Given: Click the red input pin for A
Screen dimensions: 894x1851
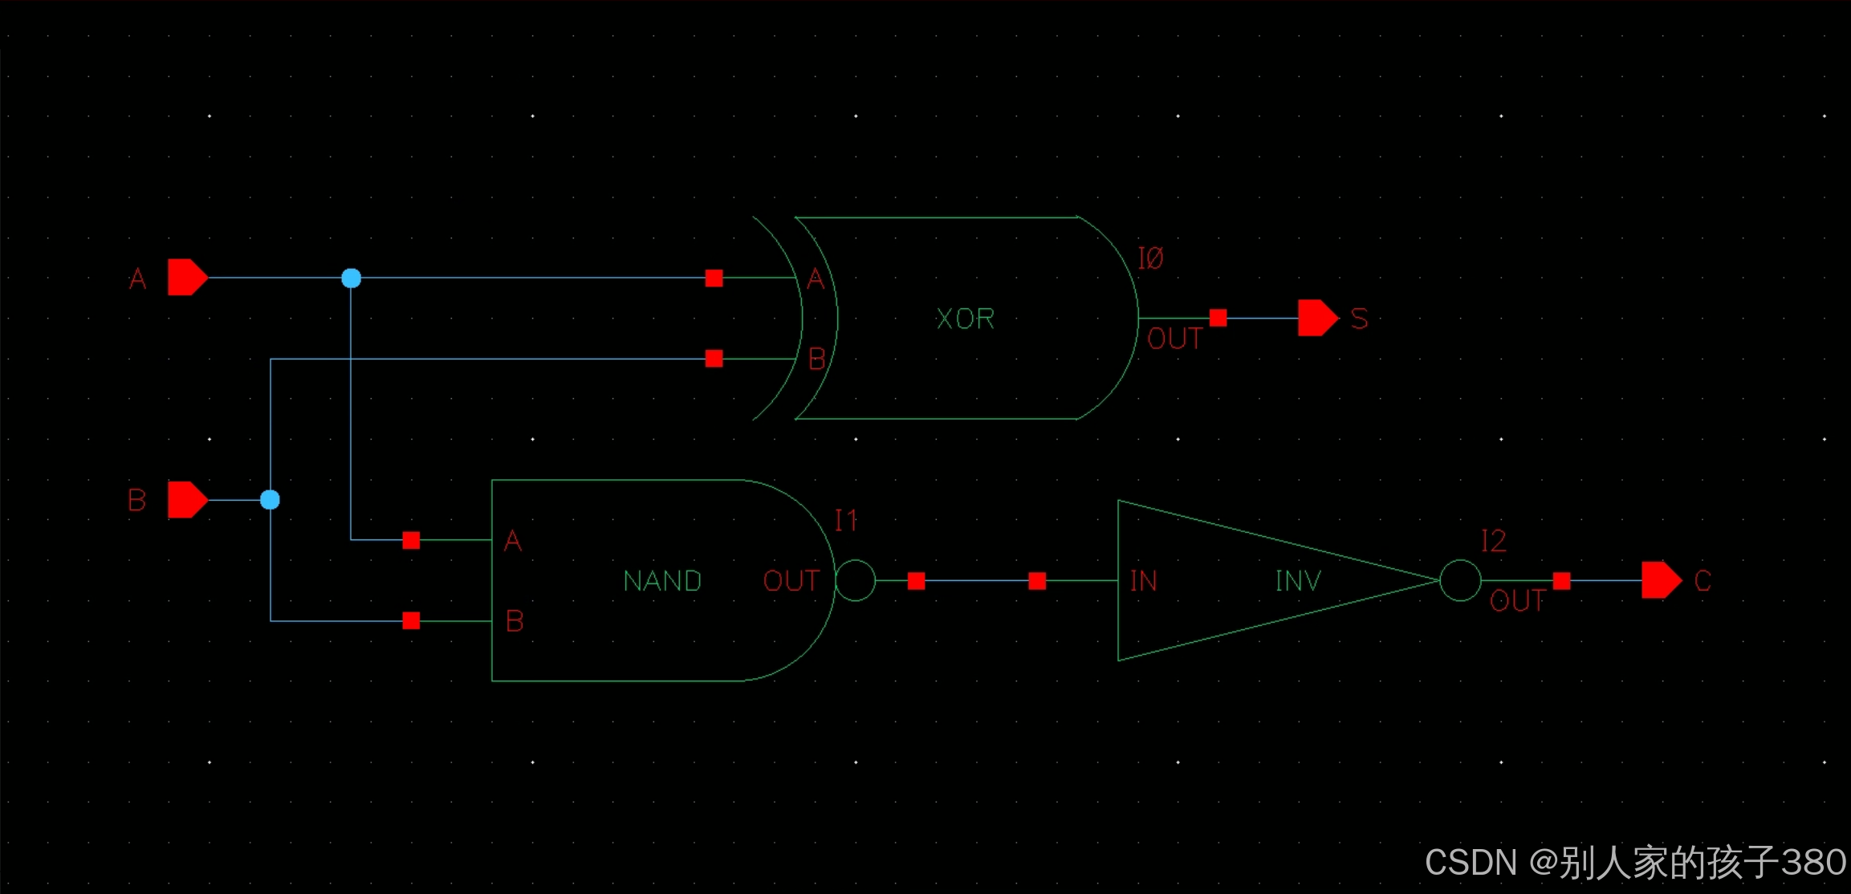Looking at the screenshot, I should (187, 278).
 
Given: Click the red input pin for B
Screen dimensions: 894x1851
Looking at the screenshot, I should (187, 500).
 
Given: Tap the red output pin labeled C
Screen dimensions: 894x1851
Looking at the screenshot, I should (1660, 580).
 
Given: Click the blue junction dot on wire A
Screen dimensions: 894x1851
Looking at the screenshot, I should (351, 278).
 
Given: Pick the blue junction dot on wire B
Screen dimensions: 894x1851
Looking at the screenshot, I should (271, 500).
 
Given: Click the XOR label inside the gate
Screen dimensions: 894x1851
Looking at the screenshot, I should (965, 319).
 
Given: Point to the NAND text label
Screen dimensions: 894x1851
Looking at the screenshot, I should (662, 581).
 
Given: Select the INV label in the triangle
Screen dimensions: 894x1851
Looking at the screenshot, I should (1298, 581).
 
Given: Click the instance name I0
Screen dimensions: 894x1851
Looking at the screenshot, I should (1150, 258).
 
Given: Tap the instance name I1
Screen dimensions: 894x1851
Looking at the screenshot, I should (846, 521).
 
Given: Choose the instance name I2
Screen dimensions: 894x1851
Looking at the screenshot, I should (1493, 541).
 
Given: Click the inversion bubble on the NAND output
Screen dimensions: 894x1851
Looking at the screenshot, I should (856, 580).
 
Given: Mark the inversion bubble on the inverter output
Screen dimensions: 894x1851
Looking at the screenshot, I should (1460, 580).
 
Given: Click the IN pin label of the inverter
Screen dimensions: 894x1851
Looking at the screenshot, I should (1144, 581).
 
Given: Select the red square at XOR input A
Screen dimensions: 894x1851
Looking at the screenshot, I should (714, 278).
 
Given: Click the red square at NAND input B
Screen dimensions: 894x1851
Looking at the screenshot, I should (411, 620).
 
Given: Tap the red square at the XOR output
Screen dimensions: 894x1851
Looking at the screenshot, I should (1218, 318).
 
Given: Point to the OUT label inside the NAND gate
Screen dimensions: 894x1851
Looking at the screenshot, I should (791, 581).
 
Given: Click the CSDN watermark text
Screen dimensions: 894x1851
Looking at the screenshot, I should (1634, 863).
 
